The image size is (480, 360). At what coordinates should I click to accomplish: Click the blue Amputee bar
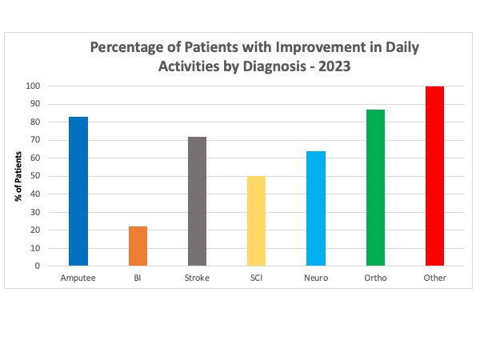coord(78,191)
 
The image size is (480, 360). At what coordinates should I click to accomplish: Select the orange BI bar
coord(138,246)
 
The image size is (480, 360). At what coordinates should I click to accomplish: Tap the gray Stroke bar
coord(197,202)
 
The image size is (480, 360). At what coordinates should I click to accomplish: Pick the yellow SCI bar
coord(257,221)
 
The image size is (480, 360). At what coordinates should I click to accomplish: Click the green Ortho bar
coord(375,188)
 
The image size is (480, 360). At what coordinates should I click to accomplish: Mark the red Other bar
coord(434,176)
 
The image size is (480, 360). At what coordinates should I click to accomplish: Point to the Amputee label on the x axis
coord(78,278)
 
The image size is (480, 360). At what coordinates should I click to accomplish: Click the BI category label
coord(138,278)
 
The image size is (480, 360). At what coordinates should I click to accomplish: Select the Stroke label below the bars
coord(197,278)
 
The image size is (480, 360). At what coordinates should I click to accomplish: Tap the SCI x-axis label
coord(257,278)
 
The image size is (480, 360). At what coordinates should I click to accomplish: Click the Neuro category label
coord(316,278)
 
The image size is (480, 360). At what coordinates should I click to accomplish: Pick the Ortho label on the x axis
coord(375,278)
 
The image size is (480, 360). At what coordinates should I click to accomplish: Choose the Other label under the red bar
coord(434,278)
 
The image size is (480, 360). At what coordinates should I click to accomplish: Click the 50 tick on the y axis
coord(38,176)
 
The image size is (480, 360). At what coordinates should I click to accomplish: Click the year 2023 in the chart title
coord(335,66)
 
